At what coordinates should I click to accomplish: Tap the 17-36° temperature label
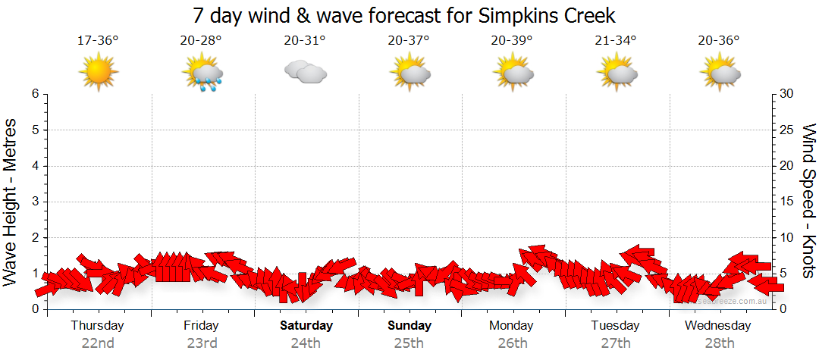pyautogui.click(x=98, y=41)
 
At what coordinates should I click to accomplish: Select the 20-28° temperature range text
pyautogui.click(x=201, y=41)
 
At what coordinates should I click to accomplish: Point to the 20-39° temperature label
pyautogui.click(x=512, y=41)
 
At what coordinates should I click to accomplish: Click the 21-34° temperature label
pyautogui.click(x=615, y=41)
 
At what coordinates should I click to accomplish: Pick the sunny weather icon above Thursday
pyautogui.click(x=98, y=73)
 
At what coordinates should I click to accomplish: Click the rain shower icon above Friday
pyautogui.click(x=202, y=74)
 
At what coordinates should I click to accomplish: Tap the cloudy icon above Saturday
pyautogui.click(x=305, y=72)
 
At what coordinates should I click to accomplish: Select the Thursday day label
pyautogui.click(x=97, y=326)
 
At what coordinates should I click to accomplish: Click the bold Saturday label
pyautogui.click(x=306, y=326)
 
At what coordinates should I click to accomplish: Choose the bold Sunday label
pyautogui.click(x=409, y=326)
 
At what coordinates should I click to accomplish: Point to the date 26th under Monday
pyautogui.click(x=513, y=343)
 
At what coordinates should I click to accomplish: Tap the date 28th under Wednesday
pyautogui.click(x=718, y=343)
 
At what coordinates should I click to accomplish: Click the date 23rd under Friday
pyautogui.click(x=202, y=343)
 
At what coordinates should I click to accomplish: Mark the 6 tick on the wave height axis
pyautogui.click(x=35, y=94)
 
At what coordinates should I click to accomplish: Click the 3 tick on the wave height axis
pyautogui.click(x=35, y=202)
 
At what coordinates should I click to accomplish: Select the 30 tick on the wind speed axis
pyautogui.click(x=787, y=94)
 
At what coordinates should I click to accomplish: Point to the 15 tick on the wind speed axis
pyautogui.click(x=787, y=202)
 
